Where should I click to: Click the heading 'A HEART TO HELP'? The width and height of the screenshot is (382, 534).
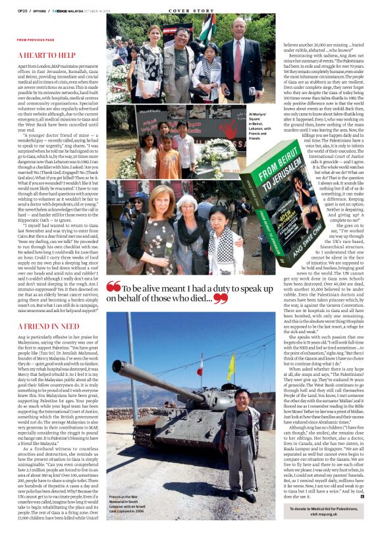(x=47, y=56)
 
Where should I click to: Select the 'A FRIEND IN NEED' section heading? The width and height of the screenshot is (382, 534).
(x=49, y=326)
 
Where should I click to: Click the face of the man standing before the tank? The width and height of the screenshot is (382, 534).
(x=242, y=398)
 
